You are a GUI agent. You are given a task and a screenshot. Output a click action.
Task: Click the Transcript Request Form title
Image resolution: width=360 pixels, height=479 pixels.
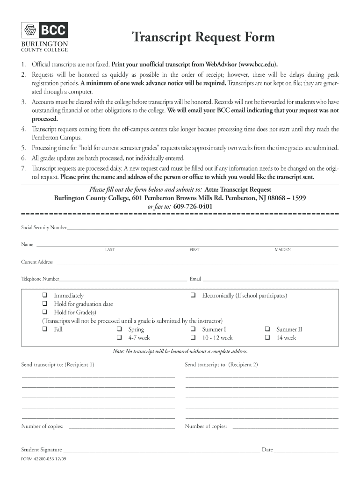tap(203, 37)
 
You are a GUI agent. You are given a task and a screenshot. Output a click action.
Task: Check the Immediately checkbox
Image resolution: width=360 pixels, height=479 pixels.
tap(45, 296)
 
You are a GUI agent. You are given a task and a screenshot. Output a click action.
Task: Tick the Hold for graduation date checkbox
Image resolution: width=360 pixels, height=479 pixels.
tap(45, 304)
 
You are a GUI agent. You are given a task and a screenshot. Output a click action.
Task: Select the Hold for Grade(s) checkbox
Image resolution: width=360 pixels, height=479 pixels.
tap(45, 312)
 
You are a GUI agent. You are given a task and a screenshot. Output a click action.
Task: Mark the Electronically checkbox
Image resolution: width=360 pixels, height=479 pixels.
tap(193, 296)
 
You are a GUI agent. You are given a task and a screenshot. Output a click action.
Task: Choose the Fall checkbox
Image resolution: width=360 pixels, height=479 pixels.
tap(45, 329)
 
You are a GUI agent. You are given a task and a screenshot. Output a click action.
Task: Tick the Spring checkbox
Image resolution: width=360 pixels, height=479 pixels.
tap(119, 329)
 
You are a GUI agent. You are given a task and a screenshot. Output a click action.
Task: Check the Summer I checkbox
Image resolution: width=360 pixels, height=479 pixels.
tap(193, 329)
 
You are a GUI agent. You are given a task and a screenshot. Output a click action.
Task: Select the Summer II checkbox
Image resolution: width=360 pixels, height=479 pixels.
tap(268, 329)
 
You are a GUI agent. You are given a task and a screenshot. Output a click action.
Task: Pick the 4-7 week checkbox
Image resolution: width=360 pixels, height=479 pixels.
tap(119, 338)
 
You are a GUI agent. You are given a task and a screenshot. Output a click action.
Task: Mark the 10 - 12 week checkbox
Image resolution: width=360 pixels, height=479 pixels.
tap(193, 338)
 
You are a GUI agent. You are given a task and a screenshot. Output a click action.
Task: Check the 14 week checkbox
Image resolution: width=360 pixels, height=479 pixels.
tap(268, 338)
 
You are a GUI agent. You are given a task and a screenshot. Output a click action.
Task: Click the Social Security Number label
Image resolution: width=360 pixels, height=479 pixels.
tap(44, 228)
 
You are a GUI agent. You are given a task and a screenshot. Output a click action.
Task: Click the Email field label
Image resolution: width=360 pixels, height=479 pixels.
tap(195, 279)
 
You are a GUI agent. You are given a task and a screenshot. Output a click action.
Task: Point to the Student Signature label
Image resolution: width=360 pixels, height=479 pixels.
tap(42, 450)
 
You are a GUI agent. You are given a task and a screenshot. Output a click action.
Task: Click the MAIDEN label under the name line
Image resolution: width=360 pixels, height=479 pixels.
tap(282, 250)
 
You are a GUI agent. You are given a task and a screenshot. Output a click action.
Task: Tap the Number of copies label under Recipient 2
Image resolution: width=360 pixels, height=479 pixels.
tap(206, 426)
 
